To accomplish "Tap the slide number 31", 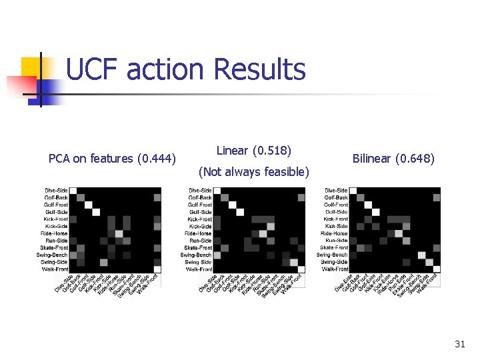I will (459, 344).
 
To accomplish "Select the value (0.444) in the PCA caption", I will (156, 159).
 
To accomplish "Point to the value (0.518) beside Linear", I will (273, 151).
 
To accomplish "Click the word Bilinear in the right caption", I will (371, 159).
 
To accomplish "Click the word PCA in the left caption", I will (60, 159).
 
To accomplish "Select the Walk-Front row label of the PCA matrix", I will (55, 269).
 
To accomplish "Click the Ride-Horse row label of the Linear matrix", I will (198, 233).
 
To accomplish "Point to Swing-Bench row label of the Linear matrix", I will (196, 255).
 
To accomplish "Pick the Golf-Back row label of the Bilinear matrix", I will (336, 197).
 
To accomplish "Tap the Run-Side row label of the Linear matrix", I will (201, 241).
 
